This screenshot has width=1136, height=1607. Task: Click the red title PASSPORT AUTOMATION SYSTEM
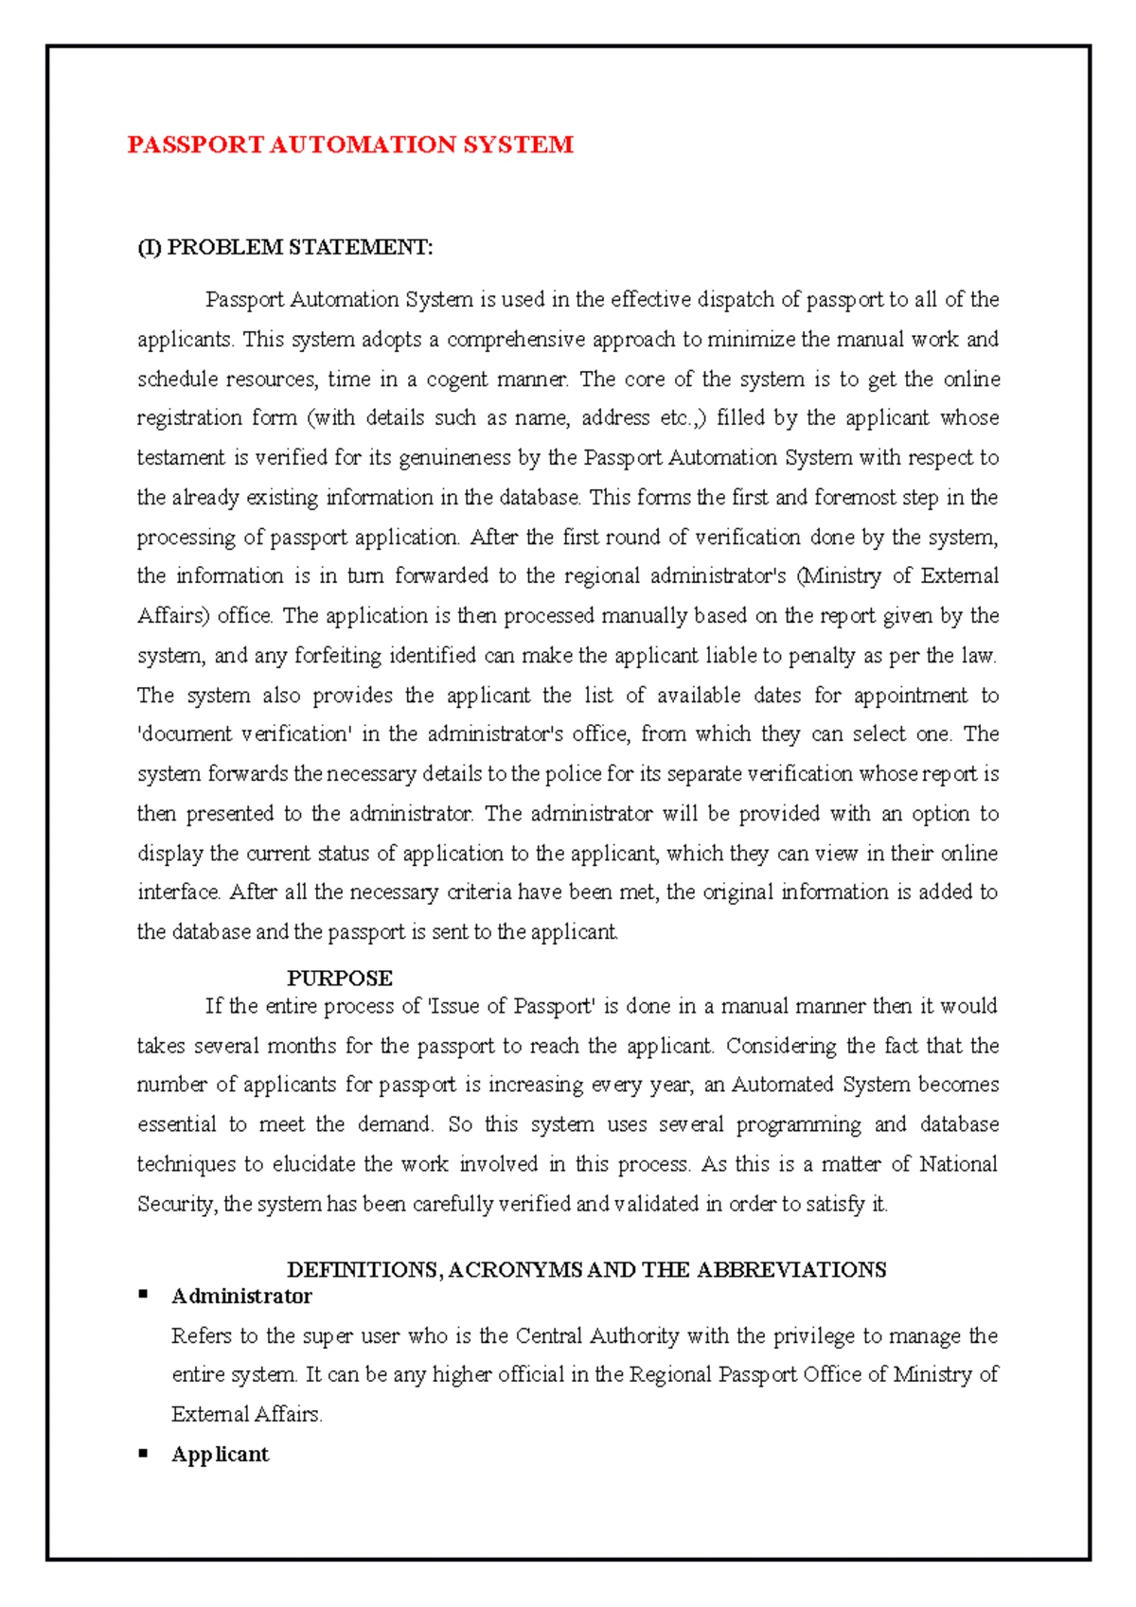350,145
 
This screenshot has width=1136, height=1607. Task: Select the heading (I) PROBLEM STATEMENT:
285,248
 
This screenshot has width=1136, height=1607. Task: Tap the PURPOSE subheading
339,979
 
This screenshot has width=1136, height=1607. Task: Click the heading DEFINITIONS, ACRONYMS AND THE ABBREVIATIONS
586,1270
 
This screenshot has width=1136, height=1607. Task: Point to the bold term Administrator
241,1297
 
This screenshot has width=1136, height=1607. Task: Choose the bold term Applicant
220,1455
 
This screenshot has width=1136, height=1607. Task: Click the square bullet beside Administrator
144,1294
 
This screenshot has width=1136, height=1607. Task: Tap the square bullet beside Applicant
144,1452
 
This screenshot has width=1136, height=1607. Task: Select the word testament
180,458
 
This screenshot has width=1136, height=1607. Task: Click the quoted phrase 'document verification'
243,734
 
